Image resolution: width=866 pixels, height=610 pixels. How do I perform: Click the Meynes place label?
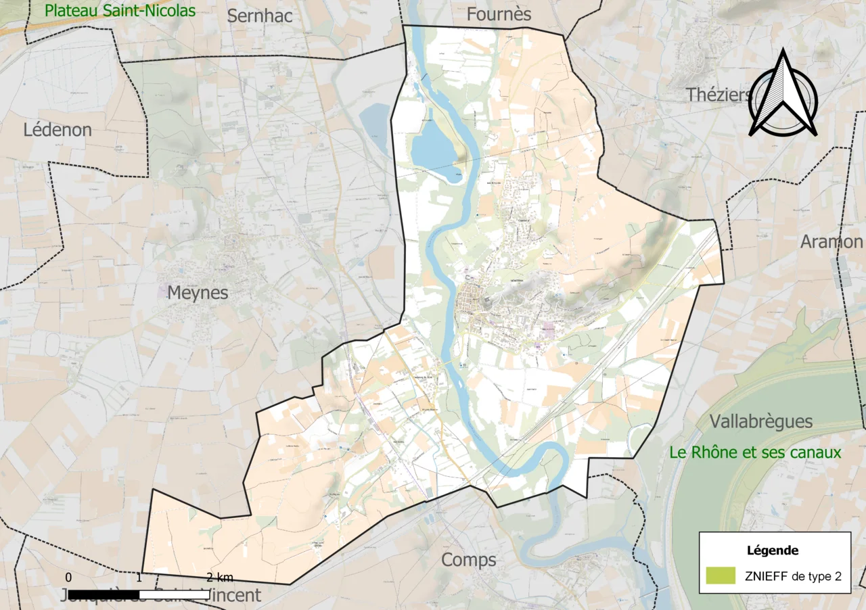point(198,293)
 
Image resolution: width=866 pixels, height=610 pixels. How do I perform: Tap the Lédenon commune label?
point(58,130)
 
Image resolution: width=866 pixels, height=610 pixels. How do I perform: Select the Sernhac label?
point(260,16)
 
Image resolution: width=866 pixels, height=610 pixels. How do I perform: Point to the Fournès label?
point(499,14)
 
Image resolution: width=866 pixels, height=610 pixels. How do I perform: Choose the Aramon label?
point(831,241)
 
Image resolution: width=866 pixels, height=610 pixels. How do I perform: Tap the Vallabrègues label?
point(761,422)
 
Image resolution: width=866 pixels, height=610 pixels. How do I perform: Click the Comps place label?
point(469,560)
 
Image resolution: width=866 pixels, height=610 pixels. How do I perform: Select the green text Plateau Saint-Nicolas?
point(120,11)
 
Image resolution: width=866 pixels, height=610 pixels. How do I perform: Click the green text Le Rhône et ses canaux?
point(755,452)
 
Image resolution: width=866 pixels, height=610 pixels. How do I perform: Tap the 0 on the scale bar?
point(68,578)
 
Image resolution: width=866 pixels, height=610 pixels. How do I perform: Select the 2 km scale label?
point(220,578)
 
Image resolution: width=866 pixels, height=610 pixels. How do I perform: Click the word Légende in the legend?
point(773,550)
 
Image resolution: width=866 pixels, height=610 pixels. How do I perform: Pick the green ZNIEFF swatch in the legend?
point(720,576)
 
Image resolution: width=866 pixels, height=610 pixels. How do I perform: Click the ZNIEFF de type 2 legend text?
point(793,576)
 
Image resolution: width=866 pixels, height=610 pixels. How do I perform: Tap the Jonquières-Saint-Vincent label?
point(160,596)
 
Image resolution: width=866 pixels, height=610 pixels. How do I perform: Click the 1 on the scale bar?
point(139,578)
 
